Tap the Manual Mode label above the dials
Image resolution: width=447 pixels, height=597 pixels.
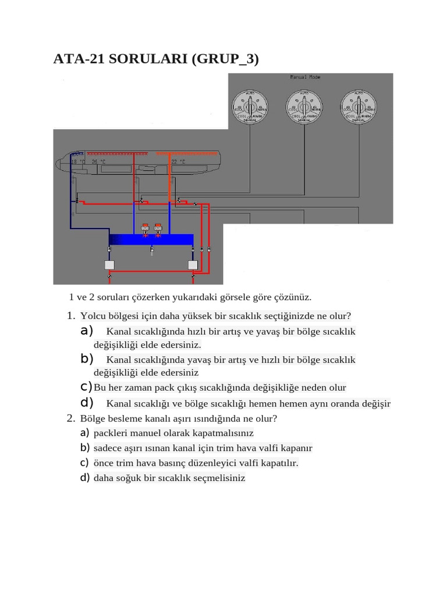305,77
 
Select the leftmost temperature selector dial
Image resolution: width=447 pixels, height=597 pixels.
250,107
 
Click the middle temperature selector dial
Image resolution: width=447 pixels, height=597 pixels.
304,107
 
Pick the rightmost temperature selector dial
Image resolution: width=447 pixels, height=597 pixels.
358,107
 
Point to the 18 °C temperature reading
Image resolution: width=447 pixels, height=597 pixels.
78,161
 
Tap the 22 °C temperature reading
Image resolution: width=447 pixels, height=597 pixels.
178,161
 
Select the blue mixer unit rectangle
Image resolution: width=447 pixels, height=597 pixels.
151,240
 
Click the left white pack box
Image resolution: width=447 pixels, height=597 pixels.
109,265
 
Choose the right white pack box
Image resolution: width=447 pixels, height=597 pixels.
193,265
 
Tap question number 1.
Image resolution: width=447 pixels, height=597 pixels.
70,316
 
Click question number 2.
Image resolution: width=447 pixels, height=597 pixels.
70,418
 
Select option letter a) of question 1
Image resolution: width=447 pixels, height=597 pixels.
87,331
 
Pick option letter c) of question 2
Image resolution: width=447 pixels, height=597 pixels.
84,462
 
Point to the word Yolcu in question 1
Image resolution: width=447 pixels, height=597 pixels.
92,316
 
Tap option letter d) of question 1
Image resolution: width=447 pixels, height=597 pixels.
87,402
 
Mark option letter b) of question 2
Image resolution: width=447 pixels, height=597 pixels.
84,448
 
